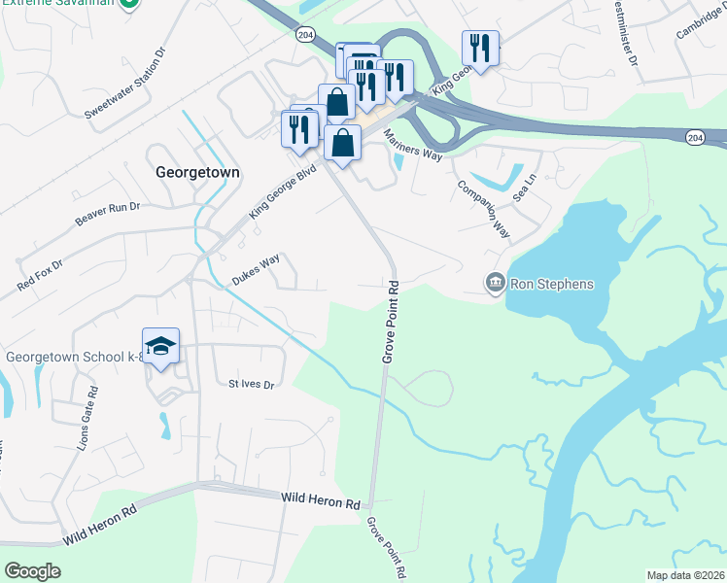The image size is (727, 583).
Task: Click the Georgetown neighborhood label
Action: tap(197, 171)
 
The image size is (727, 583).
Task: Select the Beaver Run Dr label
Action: tap(108, 215)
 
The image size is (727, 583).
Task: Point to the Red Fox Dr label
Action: tap(39, 275)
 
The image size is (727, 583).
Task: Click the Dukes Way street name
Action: tap(256, 270)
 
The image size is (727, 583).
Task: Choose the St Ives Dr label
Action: tap(252, 385)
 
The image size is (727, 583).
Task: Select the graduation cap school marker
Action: tap(161, 345)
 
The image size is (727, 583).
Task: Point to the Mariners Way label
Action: tap(413, 148)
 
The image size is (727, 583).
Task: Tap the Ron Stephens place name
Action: tap(552, 284)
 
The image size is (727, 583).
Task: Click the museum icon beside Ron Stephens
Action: tap(495, 284)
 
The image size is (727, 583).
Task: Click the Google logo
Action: tap(33, 570)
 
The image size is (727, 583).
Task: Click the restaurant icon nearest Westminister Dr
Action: tap(480, 47)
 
